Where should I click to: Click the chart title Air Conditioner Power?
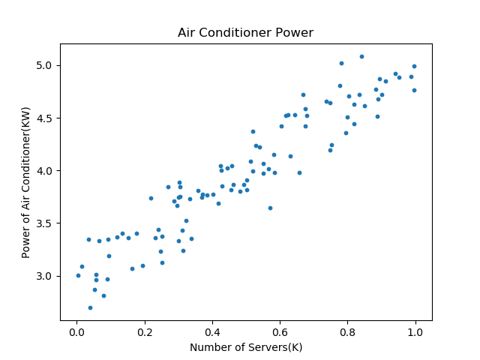pos(245,33)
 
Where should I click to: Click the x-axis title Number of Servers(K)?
pos(245,347)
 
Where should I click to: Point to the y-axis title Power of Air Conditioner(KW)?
pos(25,190)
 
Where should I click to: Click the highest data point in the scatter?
pos(361,56)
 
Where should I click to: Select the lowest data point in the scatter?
pos(90,307)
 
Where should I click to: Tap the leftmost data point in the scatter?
pos(78,275)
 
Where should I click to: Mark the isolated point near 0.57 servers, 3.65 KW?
pos(270,208)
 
